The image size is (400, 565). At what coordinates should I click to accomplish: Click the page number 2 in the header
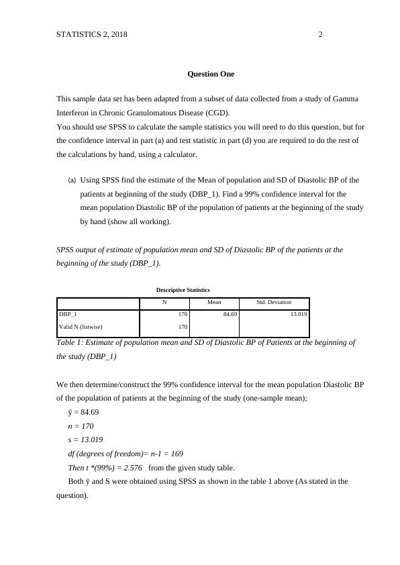pyautogui.click(x=320, y=34)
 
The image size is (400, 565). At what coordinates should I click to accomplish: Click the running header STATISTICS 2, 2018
pyautogui.click(x=92, y=34)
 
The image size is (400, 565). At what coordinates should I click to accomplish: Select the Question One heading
pyautogui.click(x=211, y=73)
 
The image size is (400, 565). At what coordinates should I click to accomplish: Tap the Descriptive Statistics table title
pyautogui.click(x=183, y=290)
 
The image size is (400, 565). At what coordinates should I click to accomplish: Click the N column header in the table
pyautogui.click(x=164, y=303)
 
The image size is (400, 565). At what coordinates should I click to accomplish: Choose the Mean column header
pyautogui.click(x=214, y=303)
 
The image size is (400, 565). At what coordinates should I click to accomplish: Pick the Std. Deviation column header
pyautogui.click(x=274, y=303)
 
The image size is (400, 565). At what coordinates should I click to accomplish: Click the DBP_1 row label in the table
pyautogui.click(x=68, y=314)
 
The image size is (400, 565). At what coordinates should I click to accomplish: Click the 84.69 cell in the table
pyautogui.click(x=230, y=314)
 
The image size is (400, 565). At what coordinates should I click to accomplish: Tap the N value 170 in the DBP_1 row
pyautogui.click(x=182, y=314)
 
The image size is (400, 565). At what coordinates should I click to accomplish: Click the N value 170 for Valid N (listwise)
pyautogui.click(x=182, y=327)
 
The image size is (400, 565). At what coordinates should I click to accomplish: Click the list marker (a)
pyautogui.click(x=72, y=181)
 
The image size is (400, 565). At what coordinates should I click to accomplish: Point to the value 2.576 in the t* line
pyautogui.click(x=131, y=468)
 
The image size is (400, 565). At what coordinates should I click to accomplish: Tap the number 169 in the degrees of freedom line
pyautogui.click(x=176, y=454)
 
